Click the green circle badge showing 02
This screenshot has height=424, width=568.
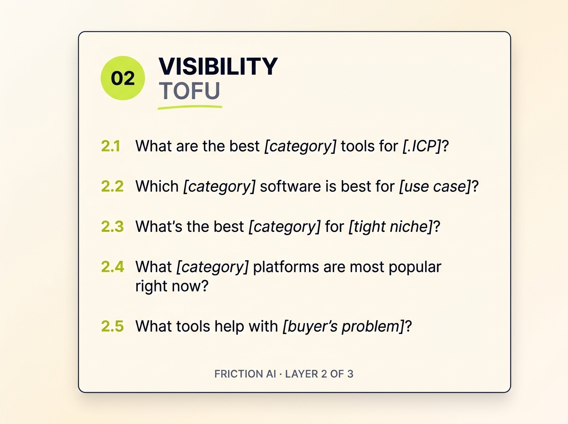(x=123, y=78)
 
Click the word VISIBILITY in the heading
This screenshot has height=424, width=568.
(x=218, y=66)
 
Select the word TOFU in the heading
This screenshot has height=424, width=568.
(x=189, y=91)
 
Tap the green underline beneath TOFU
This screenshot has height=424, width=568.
(x=189, y=107)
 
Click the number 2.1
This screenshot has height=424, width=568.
(x=111, y=146)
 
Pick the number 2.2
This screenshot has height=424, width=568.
(x=112, y=186)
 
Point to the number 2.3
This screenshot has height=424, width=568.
(x=112, y=227)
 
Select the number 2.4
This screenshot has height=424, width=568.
(x=112, y=267)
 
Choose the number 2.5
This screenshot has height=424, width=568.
(x=112, y=326)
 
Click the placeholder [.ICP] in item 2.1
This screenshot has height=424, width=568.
(x=421, y=146)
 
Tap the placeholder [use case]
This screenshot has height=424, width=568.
(x=435, y=186)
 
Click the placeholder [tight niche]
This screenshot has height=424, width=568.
(x=390, y=227)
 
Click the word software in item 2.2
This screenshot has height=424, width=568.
(x=290, y=186)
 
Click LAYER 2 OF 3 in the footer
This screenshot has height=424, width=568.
(x=319, y=374)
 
